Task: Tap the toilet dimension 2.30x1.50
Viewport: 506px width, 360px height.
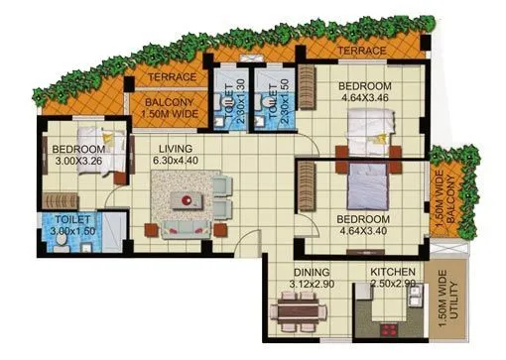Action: point(271,96)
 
